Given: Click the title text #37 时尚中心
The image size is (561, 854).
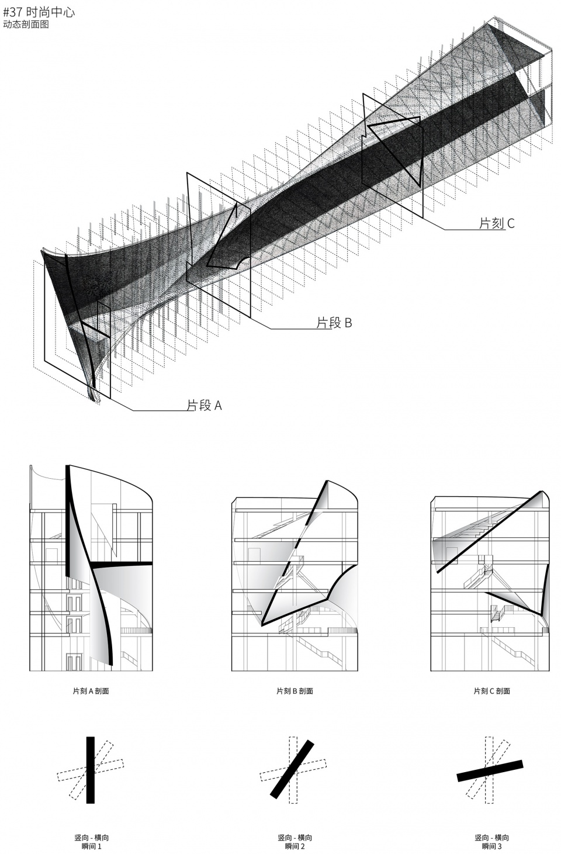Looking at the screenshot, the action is click(39, 12).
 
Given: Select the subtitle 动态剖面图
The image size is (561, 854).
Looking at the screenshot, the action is click(26, 25).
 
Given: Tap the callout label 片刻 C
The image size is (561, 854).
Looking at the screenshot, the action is click(497, 223).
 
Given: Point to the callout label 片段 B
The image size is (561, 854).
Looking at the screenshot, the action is click(334, 323).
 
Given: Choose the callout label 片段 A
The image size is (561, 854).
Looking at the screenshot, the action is click(204, 405).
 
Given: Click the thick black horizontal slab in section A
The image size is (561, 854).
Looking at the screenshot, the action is click(121, 563).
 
